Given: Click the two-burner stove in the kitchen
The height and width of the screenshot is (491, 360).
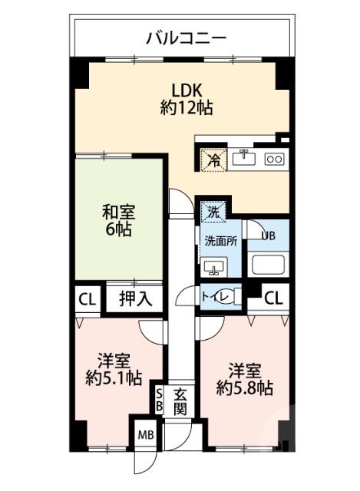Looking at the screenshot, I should click(x=274, y=159).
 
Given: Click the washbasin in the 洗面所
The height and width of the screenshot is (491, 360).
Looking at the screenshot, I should click(x=213, y=267).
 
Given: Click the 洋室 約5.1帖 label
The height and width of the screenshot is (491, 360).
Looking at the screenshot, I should click(x=114, y=368).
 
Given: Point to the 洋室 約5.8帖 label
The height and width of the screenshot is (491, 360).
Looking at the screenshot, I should click(x=244, y=377).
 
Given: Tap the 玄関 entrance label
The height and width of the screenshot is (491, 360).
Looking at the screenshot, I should click(x=180, y=401).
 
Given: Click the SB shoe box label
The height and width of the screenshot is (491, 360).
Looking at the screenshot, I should click(x=159, y=401).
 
